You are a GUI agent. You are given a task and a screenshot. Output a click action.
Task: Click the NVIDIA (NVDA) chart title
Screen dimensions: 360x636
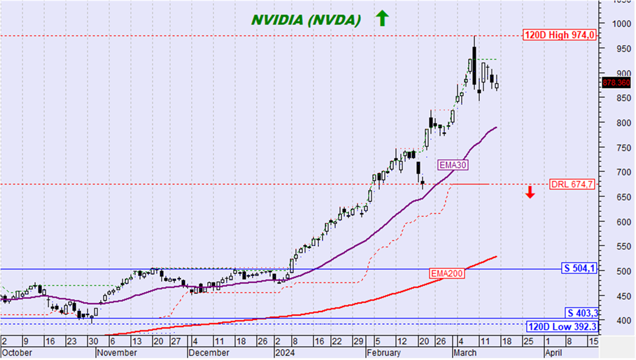tap(306, 19)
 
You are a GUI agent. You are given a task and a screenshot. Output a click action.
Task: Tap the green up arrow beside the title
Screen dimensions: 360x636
tap(381, 18)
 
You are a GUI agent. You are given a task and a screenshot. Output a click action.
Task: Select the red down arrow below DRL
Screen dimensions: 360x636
tap(530, 192)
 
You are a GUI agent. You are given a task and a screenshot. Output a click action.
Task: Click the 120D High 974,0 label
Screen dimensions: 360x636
tap(559, 35)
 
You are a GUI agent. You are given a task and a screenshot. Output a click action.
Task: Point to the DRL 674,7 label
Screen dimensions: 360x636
tap(572, 184)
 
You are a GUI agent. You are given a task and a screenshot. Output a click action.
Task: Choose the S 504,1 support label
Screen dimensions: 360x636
tap(578, 268)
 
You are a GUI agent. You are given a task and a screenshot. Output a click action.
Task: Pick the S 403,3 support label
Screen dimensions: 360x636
tap(580, 313)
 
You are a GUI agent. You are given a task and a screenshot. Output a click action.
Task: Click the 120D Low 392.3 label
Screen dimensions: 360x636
tap(562, 327)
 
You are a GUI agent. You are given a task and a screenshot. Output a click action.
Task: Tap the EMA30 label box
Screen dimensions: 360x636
tap(453, 164)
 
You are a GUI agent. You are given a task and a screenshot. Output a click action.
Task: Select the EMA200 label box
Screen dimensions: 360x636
tap(446, 274)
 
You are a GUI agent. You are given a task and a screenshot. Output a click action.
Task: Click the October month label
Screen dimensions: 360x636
tap(16, 352)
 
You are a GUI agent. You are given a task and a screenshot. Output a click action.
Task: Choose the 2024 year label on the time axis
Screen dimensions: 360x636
tap(285, 352)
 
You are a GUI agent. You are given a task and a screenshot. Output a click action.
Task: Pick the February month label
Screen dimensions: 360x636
tap(384, 352)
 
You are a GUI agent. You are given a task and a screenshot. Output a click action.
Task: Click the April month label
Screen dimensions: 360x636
tap(553, 352)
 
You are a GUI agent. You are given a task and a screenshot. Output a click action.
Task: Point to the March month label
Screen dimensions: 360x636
tap(464, 352)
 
